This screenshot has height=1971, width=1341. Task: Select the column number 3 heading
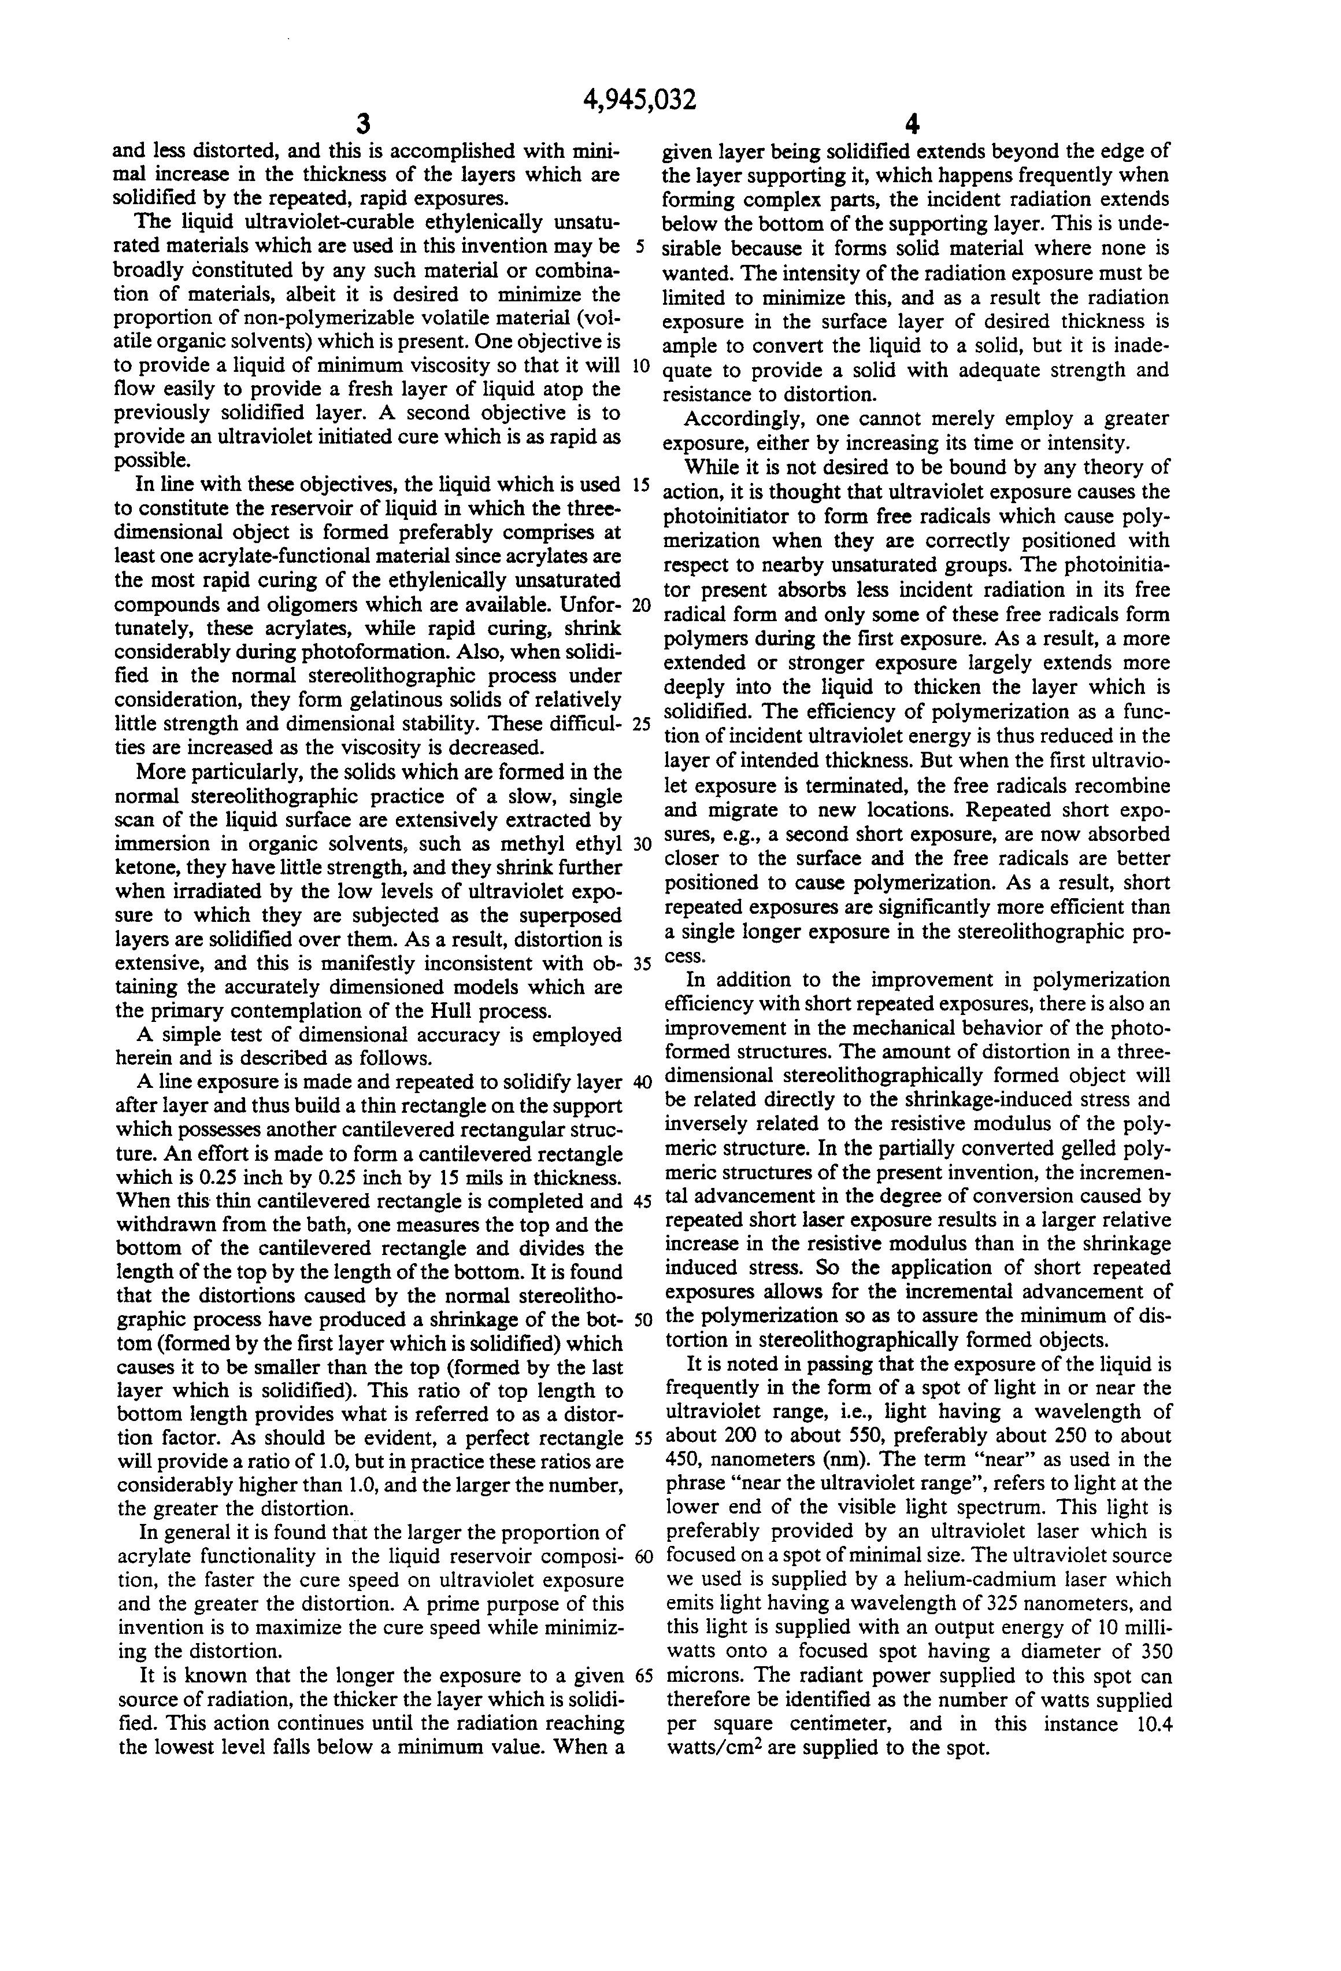(x=363, y=125)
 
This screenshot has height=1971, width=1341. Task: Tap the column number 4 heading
(x=912, y=125)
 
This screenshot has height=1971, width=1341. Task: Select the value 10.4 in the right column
(x=1152, y=1700)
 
